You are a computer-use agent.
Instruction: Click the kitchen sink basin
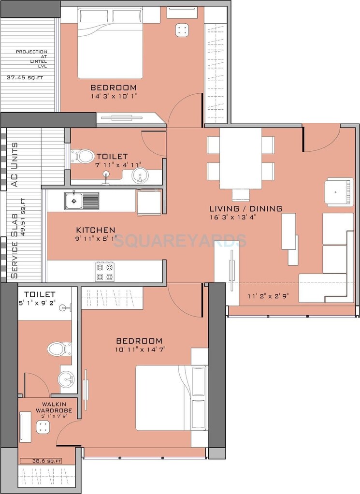point(74,200)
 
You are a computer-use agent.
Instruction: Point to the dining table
point(241,158)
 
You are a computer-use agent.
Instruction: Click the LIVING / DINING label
point(245,209)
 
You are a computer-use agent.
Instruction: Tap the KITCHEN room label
point(96,230)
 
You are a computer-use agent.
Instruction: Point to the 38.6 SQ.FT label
point(47,461)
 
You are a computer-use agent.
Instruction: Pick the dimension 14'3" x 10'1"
point(114,96)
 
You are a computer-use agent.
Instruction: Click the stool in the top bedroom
point(182,30)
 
